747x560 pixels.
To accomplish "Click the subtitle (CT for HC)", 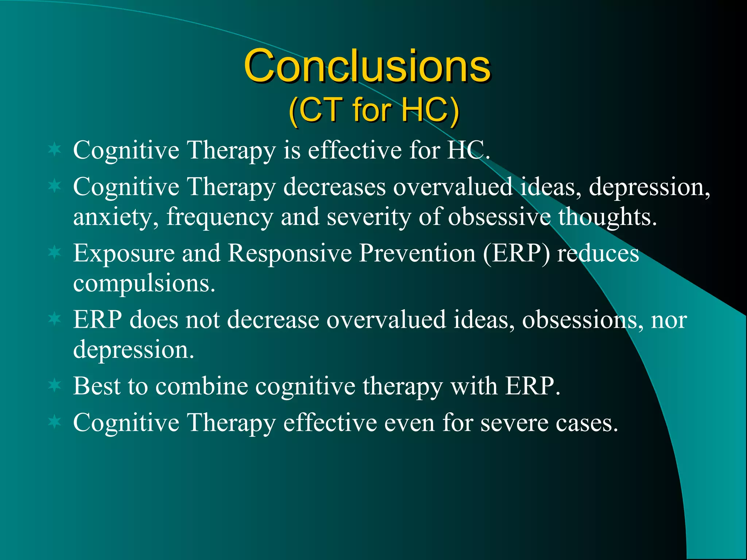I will tap(373, 110).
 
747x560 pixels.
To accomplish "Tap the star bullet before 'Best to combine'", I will tap(55, 385).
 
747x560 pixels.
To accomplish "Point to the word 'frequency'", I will tap(220, 218).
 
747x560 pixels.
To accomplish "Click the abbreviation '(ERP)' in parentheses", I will tap(516, 253).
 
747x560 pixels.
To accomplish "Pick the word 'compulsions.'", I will tap(144, 283).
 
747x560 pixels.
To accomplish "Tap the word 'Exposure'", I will tap(124, 253).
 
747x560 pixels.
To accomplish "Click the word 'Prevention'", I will tap(417, 253).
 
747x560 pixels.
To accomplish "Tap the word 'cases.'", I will tap(587, 423).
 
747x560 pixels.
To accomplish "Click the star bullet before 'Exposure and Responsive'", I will tap(55, 252).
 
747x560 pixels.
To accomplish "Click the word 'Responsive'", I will tap(290, 253).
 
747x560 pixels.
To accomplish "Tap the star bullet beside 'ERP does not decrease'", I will tap(55, 319).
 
